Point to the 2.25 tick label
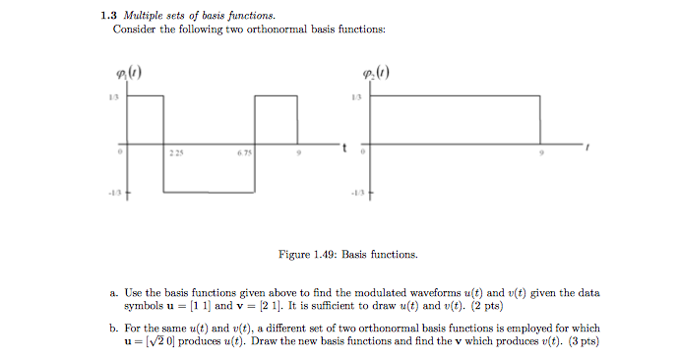pyautogui.click(x=176, y=154)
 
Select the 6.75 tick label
pyautogui.click(x=244, y=154)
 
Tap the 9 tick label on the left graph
pyautogui.click(x=301, y=154)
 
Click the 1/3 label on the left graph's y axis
pyautogui.click(x=113, y=96)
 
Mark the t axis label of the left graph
pyautogui.click(x=344, y=149)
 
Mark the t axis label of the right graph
pyautogui.click(x=586, y=149)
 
